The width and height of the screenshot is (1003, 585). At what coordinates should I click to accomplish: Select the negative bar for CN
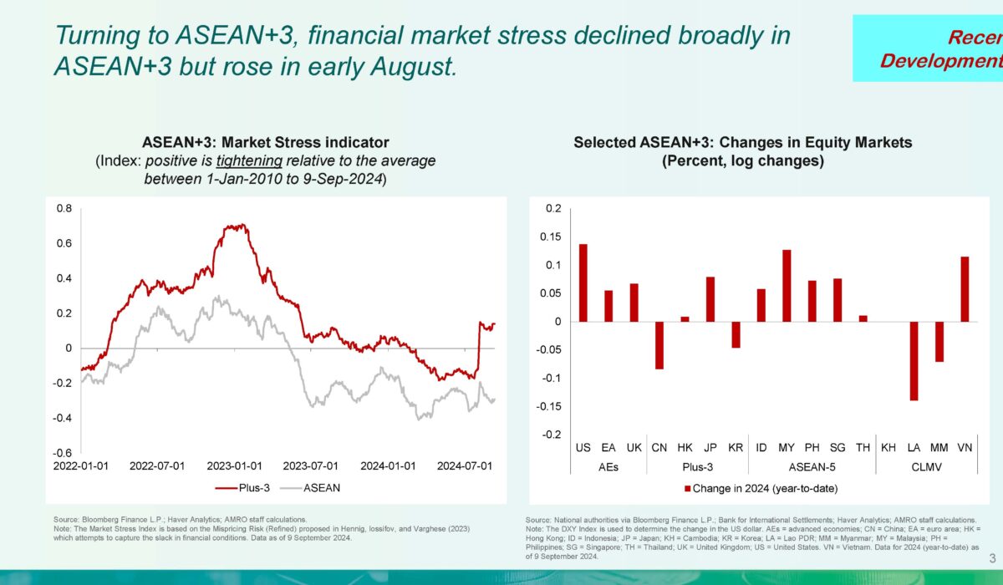(x=659, y=345)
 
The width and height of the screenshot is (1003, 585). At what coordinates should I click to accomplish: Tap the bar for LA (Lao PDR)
(x=914, y=361)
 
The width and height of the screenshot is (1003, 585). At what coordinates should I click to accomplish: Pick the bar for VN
(x=965, y=289)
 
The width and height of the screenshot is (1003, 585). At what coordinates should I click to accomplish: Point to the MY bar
(x=787, y=286)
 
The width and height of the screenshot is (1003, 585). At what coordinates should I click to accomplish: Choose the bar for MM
(x=939, y=342)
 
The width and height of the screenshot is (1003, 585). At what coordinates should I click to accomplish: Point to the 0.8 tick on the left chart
(x=63, y=208)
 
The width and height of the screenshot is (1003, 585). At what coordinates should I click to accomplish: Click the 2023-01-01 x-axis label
(x=235, y=465)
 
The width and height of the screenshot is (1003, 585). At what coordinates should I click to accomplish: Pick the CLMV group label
(x=926, y=467)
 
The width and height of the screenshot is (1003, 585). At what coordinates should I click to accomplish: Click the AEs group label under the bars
(x=608, y=467)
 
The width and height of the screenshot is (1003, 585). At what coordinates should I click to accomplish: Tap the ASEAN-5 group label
(x=812, y=467)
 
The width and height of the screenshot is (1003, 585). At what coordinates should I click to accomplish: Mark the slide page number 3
(x=992, y=558)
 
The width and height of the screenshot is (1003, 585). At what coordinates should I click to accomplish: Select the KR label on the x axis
(x=736, y=449)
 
